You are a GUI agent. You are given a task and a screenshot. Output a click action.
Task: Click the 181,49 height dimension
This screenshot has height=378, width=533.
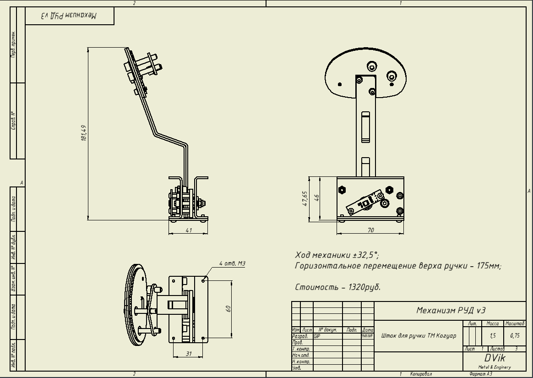(x=83, y=133)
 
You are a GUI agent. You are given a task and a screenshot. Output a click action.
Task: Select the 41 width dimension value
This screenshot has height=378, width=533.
(x=189, y=230)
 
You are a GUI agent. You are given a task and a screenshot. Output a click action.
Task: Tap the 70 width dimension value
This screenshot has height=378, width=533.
(x=370, y=230)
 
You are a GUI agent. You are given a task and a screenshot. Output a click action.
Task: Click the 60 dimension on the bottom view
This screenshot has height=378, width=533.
(x=228, y=308)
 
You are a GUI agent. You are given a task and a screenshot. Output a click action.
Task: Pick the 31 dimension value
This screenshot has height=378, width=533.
(x=188, y=353)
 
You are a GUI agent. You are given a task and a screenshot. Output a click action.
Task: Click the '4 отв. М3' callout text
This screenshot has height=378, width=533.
(x=232, y=263)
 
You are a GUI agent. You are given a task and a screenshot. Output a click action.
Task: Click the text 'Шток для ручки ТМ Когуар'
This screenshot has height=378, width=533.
(x=419, y=336)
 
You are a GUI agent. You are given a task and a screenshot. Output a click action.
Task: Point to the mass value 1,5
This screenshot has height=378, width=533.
(x=493, y=336)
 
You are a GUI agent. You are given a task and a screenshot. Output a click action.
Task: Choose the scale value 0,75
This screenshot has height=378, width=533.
(x=515, y=336)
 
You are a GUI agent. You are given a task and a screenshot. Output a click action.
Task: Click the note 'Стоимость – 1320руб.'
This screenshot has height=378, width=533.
(x=338, y=287)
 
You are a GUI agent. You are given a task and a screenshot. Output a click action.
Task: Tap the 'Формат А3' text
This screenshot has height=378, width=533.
(x=481, y=374)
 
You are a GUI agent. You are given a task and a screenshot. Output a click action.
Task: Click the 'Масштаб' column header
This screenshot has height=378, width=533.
(x=515, y=323)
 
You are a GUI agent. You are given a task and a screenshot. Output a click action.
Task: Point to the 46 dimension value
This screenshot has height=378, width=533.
(x=316, y=197)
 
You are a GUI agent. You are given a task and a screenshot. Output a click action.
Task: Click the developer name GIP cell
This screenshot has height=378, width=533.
(x=317, y=336)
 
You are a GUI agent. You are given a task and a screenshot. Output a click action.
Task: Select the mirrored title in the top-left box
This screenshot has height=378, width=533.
(x=69, y=16)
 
